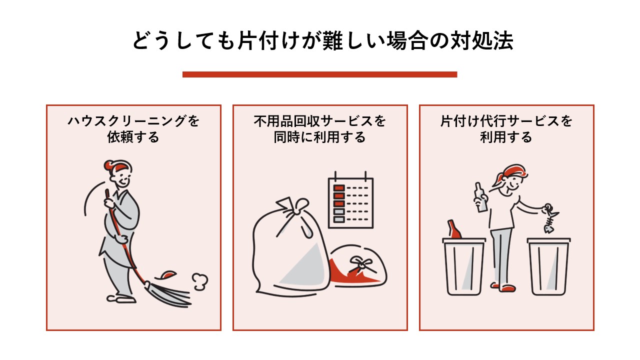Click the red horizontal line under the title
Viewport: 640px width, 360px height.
click(319, 74)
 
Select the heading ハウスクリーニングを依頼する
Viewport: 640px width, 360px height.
click(133, 129)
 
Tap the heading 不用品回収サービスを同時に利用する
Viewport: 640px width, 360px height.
click(320, 129)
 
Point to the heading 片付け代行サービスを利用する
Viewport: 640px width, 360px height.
click(506, 129)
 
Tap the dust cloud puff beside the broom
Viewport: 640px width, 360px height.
click(200, 281)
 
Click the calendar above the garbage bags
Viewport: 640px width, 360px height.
click(350, 202)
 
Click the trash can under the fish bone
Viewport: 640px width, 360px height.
click(549, 267)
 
